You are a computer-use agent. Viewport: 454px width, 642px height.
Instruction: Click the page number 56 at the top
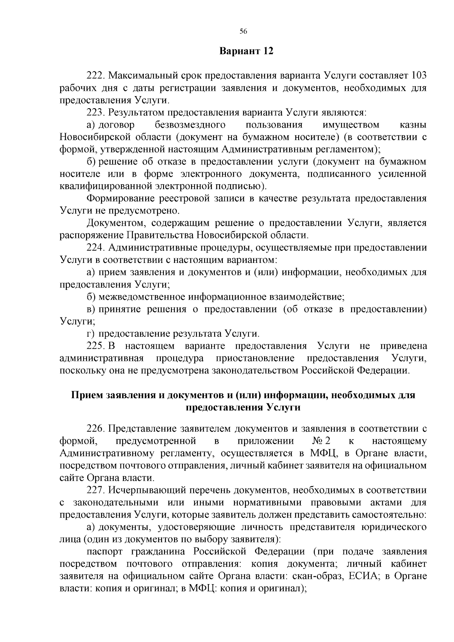[243, 32]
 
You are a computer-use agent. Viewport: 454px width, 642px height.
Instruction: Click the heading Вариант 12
[246, 51]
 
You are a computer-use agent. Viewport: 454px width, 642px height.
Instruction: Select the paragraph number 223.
[95, 112]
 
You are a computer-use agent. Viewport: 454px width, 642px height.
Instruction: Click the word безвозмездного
[190, 125]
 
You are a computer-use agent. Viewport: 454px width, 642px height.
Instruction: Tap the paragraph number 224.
[95, 248]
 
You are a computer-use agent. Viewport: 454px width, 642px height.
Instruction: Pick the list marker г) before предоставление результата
[90, 334]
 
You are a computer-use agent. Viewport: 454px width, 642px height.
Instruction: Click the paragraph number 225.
[95, 346]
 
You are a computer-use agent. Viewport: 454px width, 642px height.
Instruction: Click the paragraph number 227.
[95, 490]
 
